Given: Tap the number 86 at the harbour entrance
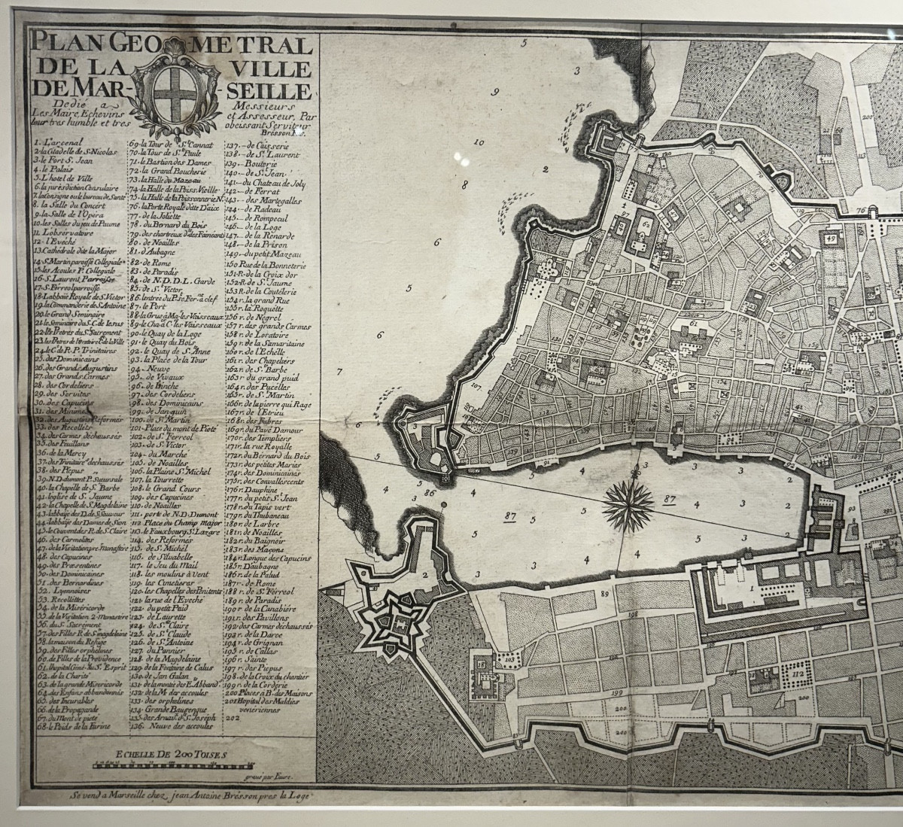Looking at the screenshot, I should click(430, 493).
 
